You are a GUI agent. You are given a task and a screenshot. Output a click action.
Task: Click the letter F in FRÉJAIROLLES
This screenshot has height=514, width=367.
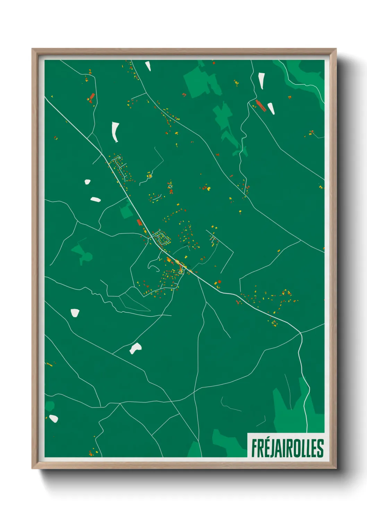(x=254, y=448)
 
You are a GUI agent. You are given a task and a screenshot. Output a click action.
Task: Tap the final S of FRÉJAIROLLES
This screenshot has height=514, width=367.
(x=321, y=448)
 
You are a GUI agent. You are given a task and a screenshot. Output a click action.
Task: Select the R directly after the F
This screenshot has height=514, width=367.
(x=261, y=448)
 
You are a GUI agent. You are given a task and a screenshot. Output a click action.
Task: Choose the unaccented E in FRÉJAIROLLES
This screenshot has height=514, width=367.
(x=314, y=448)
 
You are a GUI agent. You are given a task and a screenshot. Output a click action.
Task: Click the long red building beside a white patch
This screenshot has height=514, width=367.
(x=260, y=105)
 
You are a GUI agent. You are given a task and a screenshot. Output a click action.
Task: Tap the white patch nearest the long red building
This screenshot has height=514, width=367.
(x=271, y=108)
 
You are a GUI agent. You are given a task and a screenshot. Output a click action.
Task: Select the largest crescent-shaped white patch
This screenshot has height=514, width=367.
(x=115, y=132)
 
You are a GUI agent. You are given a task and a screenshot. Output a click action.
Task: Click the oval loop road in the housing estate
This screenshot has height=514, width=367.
(x=162, y=239)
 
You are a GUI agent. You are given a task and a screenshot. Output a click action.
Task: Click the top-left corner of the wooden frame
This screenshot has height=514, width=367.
(x=32, y=49)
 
